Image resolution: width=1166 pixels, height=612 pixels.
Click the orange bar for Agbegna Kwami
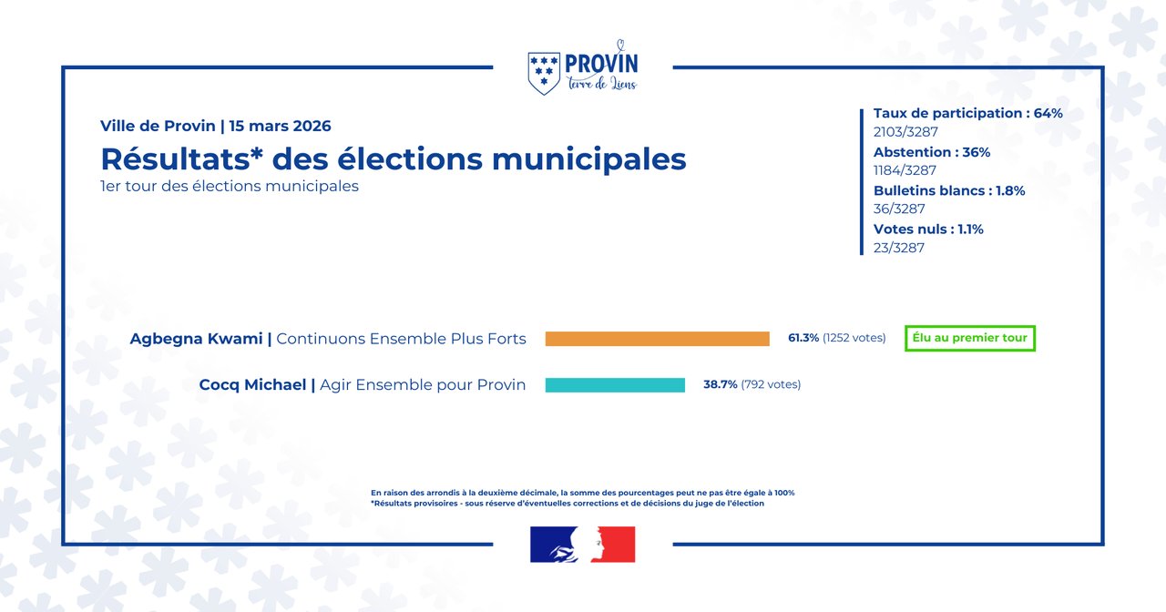pos(657,339)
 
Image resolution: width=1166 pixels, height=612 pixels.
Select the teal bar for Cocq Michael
pos(615,385)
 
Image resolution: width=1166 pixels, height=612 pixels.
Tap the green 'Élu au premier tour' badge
pos(970,338)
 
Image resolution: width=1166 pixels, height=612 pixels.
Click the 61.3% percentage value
pos(803,338)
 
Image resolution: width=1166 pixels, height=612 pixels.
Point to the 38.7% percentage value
pos(720,384)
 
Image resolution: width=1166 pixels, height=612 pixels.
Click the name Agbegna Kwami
pos(196,339)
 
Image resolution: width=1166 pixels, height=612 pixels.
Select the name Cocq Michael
pos(252,385)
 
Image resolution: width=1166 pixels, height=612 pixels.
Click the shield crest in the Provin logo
pos(544,73)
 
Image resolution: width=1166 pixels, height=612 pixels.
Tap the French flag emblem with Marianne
pos(582,545)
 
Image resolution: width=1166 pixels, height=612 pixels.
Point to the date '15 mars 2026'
pos(280,126)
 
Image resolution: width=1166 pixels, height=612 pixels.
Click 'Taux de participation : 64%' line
pos(967,114)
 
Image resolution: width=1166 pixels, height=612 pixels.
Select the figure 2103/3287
pos(905,132)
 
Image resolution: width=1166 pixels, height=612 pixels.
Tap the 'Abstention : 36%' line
pos(931,152)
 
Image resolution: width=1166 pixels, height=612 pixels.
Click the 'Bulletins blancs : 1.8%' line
pos(949,191)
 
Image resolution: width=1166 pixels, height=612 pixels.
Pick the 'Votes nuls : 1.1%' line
pos(928,229)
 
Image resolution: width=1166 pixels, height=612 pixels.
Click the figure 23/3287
pos(899,248)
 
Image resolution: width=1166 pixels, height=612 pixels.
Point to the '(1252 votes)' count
pos(854,338)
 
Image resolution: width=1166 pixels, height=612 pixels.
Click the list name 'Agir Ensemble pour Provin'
pos(423,385)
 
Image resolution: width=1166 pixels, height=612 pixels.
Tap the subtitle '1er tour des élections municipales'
pos(230,186)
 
